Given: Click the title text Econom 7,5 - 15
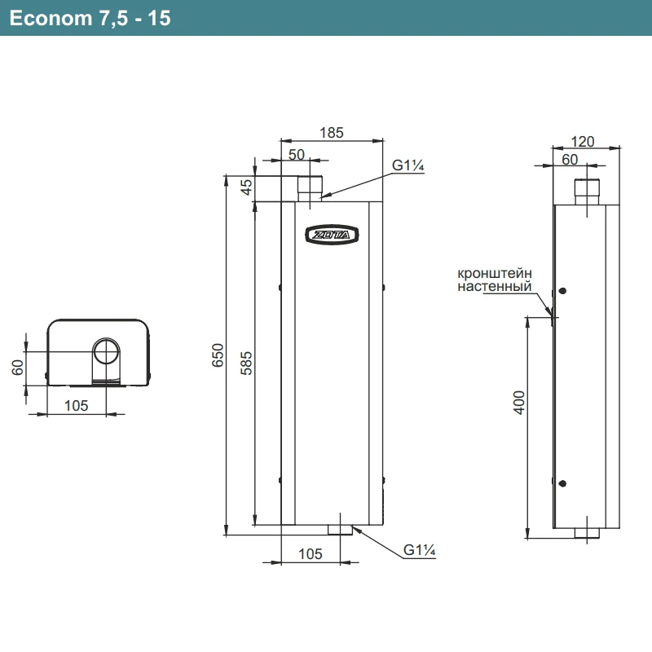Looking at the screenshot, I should point(90,18).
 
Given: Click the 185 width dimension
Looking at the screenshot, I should point(332,131).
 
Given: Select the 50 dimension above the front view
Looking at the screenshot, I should point(296,154).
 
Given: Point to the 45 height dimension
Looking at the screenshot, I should point(244,188).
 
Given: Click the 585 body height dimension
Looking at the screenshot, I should point(246,362).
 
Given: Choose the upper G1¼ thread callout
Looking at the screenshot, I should point(409,165).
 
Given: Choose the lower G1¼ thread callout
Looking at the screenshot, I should point(421,552).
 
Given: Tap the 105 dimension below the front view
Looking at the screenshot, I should point(310,554).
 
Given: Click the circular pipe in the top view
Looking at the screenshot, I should point(104,352).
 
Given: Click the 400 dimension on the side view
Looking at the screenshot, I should point(520,402).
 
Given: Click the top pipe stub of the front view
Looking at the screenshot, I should point(309,188).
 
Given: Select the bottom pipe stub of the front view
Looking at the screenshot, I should point(341,530).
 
